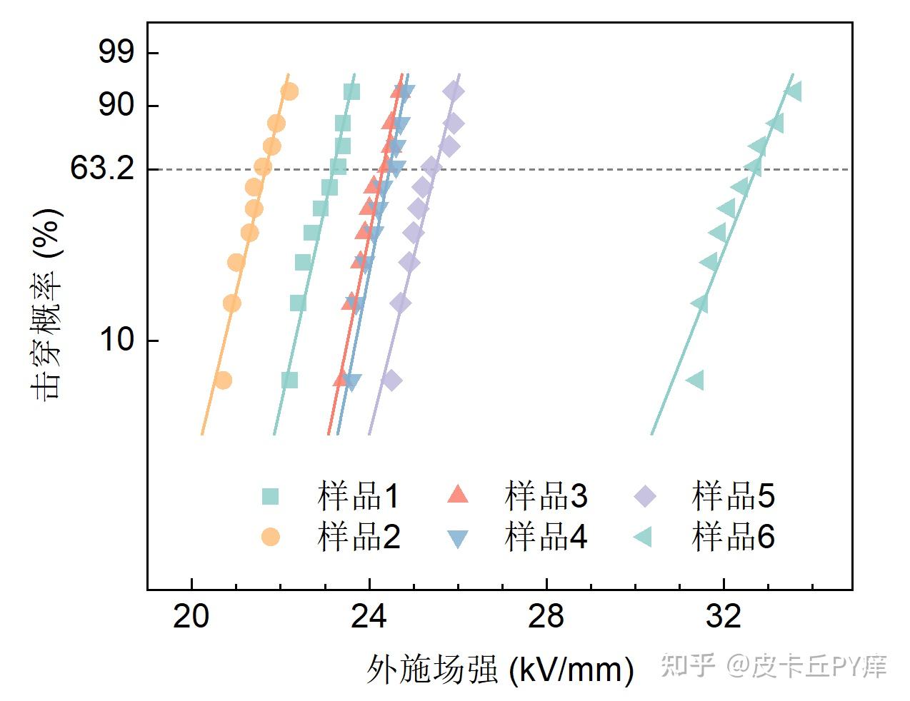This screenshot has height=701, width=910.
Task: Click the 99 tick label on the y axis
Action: coord(116,52)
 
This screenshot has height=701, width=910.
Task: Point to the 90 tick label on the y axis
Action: coord(116,105)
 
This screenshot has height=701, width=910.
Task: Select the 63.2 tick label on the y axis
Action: coord(102,169)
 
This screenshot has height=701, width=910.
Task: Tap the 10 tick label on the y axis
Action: coord(116,340)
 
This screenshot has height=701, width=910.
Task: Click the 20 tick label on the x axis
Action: coord(191,616)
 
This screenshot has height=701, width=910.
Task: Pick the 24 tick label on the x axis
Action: coord(369,616)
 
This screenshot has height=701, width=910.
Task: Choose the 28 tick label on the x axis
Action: coord(546,616)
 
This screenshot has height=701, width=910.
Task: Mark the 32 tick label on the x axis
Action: coord(724,616)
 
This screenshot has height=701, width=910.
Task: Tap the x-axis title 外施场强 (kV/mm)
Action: coord(500,669)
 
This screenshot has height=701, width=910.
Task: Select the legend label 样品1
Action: coord(359,495)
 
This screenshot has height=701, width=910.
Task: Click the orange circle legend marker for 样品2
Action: coord(270,536)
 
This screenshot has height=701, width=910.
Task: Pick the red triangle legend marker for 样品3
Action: coord(457,494)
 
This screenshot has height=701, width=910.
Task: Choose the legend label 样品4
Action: coord(546,536)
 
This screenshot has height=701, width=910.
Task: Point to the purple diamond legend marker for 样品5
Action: coord(644,495)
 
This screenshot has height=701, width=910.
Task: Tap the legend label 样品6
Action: coord(733,536)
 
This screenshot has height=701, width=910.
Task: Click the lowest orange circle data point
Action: coord(223,380)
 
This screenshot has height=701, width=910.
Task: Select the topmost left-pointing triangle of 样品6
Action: coord(793,91)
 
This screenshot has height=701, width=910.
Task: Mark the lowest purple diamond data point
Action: coord(391,380)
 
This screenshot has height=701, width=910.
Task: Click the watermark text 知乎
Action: coord(688,665)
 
